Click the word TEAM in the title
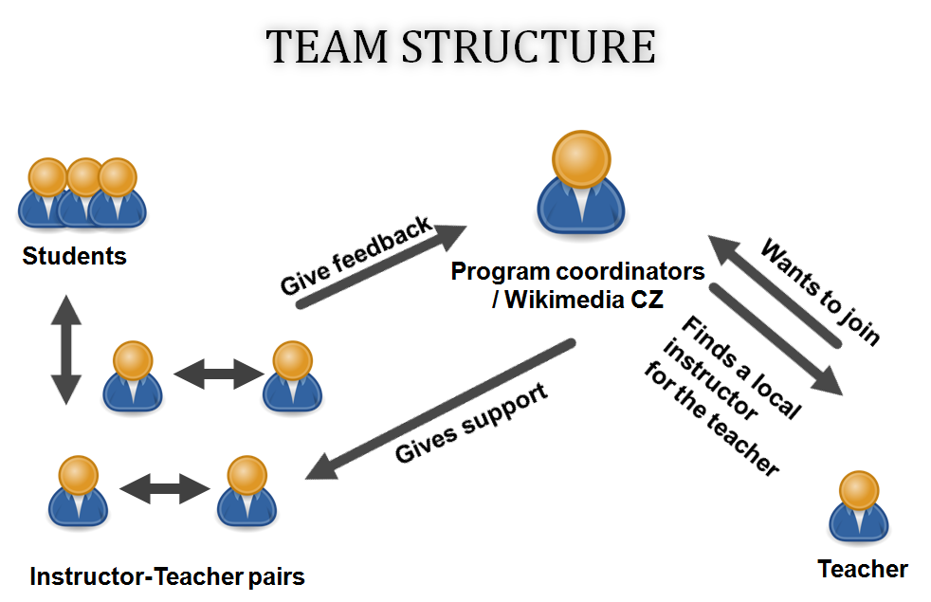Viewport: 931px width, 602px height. coord(326,46)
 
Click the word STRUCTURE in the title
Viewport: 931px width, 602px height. coord(529,46)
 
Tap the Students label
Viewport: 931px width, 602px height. coord(74,256)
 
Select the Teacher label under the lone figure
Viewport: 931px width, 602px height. coord(863,569)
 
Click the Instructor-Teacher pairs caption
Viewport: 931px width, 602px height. coord(167,576)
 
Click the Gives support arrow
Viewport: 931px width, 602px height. coord(440,409)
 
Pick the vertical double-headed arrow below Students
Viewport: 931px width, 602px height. coord(66,350)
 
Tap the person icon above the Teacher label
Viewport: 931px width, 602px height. coord(859,506)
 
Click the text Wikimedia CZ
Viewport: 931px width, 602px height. coord(584,300)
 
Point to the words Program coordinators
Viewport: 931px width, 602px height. coord(577,271)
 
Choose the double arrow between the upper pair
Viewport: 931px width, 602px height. coord(218,374)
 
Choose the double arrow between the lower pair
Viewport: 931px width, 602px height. coord(164,488)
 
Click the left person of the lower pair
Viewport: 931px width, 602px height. coord(78,491)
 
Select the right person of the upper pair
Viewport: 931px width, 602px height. coord(292,376)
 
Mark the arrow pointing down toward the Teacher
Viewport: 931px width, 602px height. coord(776,339)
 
